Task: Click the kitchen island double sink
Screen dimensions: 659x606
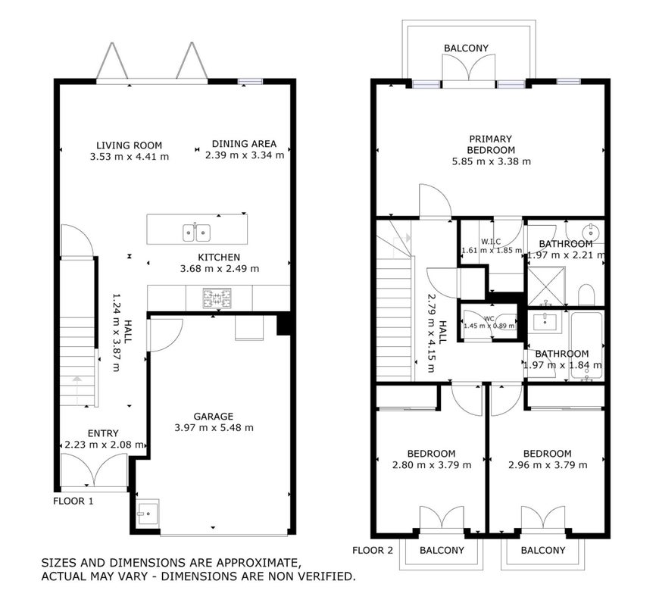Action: pyautogui.click(x=196, y=233)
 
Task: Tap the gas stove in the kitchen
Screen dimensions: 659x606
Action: pyautogui.click(x=217, y=298)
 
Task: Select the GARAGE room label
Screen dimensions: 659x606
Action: pyautogui.click(x=214, y=417)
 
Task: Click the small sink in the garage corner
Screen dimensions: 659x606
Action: pyautogui.click(x=148, y=512)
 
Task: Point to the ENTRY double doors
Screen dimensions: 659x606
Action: pyautogui.click(x=94, y=470)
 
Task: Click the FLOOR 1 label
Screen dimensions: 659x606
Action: pyautogui.click(x=73, y=501)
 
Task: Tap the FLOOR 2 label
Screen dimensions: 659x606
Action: pyautogui.click(x=373, y=550)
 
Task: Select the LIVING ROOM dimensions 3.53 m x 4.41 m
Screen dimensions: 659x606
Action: pyautogui.click(x=130, y=157)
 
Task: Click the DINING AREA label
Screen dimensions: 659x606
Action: pyautogui.click(x=244, y=144)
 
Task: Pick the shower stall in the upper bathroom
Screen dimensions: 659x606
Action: pyautogui.click(x=547, y=286)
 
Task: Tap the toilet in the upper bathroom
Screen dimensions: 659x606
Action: pyautogui.click(x=586, y=295)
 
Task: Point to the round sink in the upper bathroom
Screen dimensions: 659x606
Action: pyautogui.click(x=591, y=231)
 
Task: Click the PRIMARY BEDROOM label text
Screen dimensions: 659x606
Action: pyautogui.click(x=491, y=145)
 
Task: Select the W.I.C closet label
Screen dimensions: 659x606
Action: pyautogui.click(x=491, y=242)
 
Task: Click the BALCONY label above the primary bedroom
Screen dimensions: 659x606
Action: pyautogui.click(x=467, y=48)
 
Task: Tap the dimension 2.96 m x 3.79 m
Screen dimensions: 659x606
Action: pyautogui.click(x=548, y=465)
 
